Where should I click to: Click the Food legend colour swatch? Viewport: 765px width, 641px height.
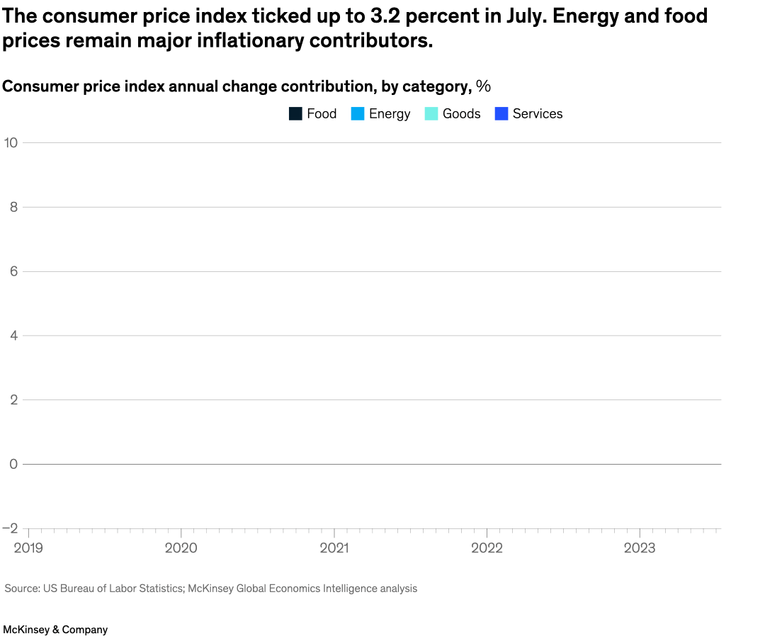pos(295,113)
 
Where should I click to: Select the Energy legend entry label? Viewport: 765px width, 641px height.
pos(389,113)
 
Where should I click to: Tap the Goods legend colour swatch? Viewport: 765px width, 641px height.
pos(431,113)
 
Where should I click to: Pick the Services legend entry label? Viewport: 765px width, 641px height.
pos(537,113)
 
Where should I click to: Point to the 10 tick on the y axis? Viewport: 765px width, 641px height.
pos(10,142)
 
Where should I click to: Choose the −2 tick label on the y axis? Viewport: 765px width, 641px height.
pos(10,528)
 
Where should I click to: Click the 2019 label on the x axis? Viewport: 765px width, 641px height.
pos(28,548)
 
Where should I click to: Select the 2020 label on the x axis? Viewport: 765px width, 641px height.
pos(181,548)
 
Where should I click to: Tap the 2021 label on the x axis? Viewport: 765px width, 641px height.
pos(334,548)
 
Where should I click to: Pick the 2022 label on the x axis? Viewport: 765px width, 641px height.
pos(487,548)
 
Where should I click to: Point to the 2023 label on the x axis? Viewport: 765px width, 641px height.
pos(640,548)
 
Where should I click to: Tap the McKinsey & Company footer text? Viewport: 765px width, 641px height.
pos(55,629)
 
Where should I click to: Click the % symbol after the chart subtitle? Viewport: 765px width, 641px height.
pos(483,86)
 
